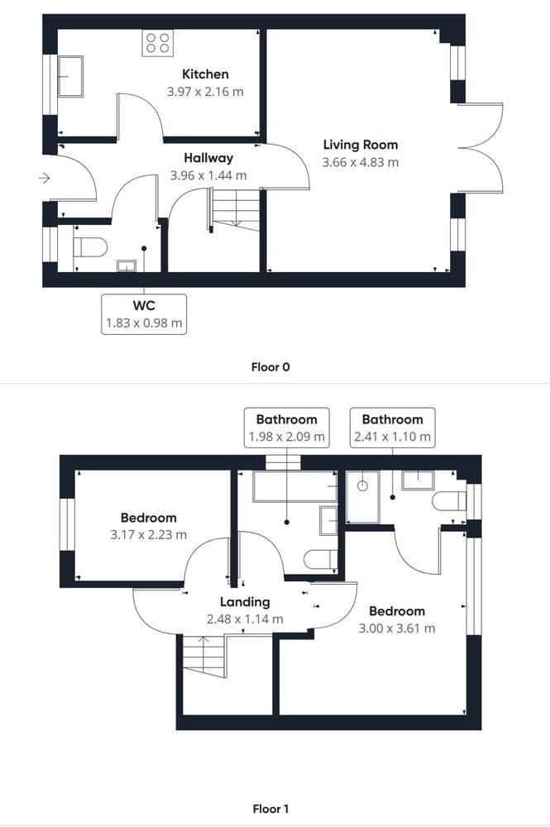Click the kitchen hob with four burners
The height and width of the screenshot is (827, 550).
157,42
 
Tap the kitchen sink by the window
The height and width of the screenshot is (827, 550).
69,75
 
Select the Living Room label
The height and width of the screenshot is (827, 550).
360,145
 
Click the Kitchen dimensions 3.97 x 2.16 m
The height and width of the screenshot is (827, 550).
205,92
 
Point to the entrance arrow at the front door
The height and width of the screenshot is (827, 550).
44,177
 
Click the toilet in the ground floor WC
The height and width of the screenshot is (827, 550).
91,247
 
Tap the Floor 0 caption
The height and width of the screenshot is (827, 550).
270,366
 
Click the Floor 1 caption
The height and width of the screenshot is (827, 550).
270,809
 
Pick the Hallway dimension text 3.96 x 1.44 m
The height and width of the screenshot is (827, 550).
208,175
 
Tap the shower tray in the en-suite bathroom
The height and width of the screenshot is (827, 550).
362,497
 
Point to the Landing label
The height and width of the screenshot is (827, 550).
245,602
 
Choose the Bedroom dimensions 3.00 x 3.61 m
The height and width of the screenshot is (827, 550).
397,629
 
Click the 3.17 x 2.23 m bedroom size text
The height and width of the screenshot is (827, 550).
148,535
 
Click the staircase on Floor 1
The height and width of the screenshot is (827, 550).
203,657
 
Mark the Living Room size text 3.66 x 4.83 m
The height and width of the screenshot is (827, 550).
360,162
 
